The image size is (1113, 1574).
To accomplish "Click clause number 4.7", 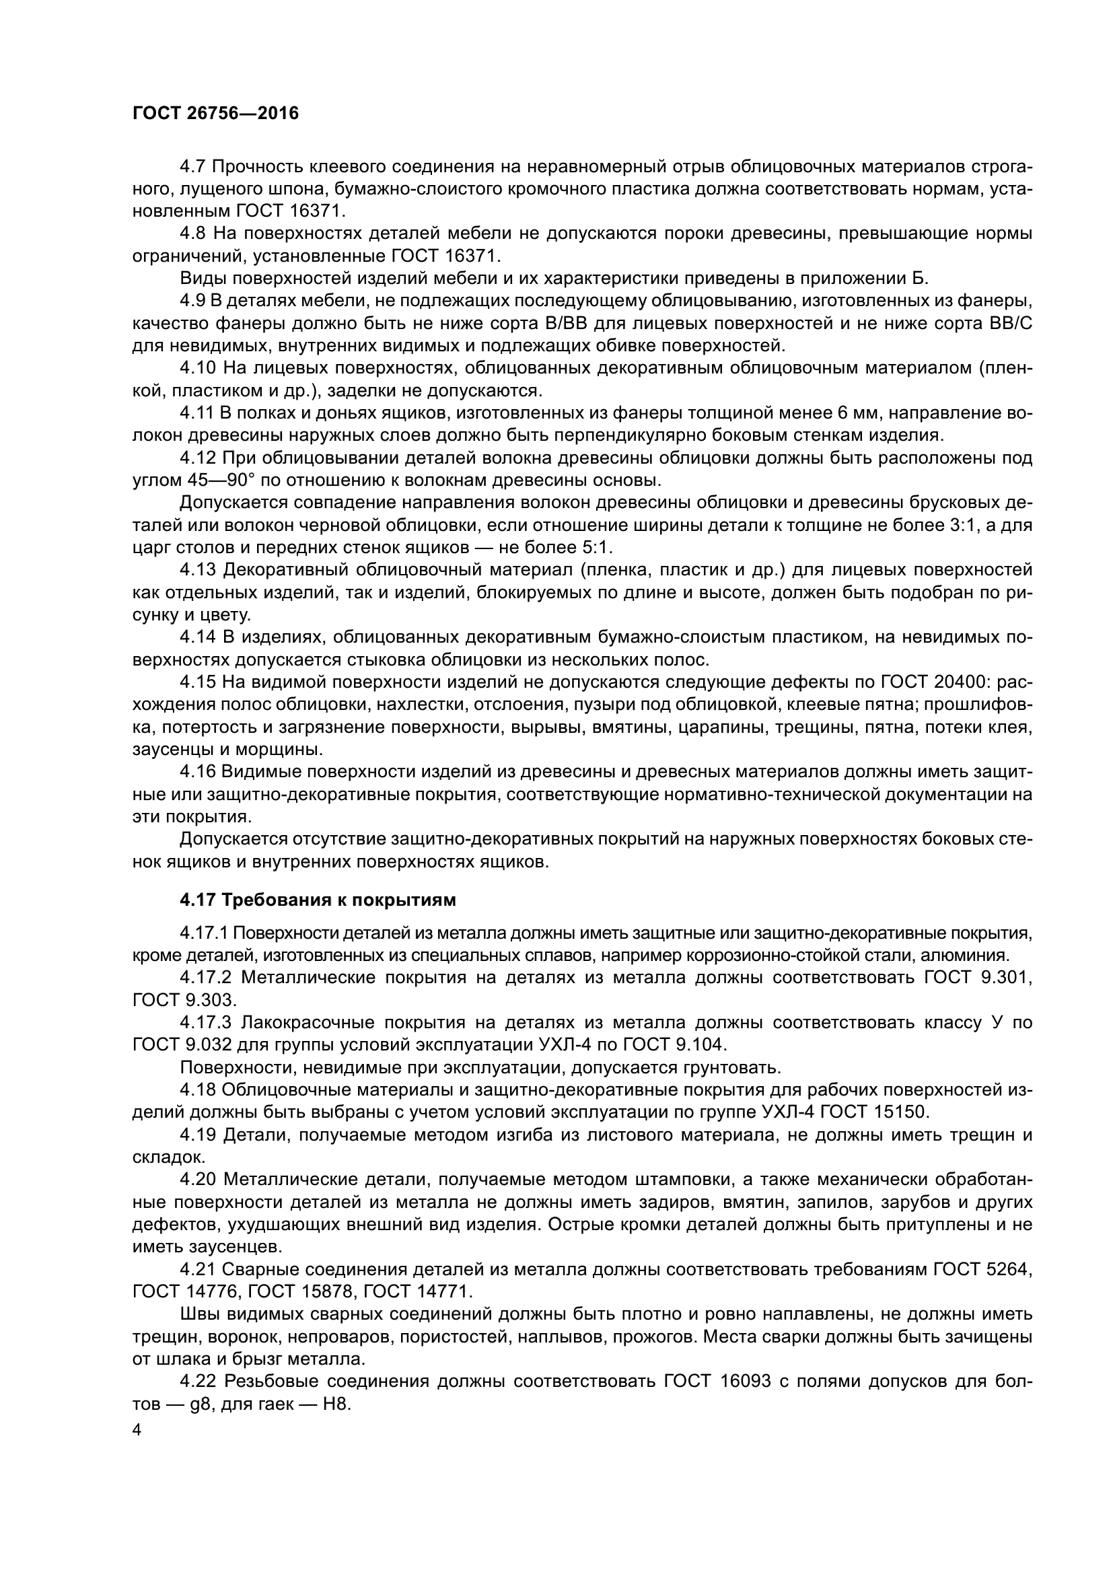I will tap(193, 167).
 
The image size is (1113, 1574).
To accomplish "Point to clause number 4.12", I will tap(198, 458).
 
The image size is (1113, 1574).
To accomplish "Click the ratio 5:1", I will tap(594, 547).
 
